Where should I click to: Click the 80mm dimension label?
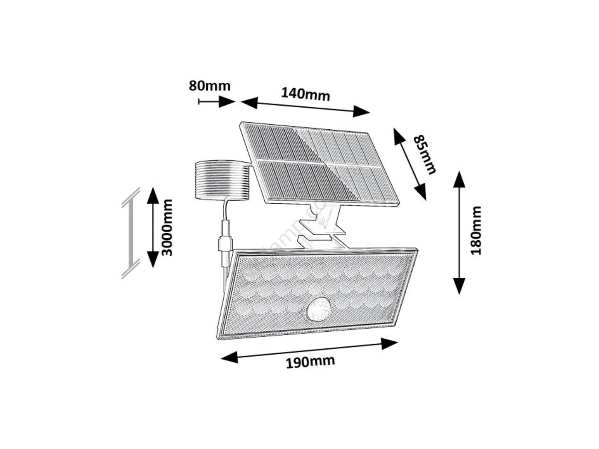tap(209, 86)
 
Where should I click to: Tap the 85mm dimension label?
tap(425, 154)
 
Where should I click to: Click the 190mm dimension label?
tap(310, 361)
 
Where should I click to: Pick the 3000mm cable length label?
tap(167, 227)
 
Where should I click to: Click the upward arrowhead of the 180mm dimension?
tap(459, 180)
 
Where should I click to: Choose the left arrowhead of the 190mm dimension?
tap(229, 357)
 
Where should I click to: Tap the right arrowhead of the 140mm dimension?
tap(361, 111)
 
